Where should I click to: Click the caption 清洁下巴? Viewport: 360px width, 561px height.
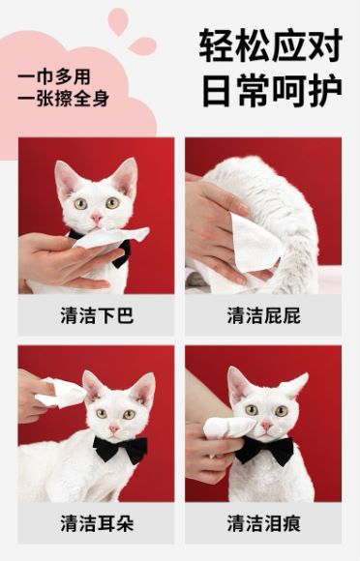point(97,315)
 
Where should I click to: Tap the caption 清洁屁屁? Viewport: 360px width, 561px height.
point(264,315)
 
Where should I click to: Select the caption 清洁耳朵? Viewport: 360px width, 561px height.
point(97,523)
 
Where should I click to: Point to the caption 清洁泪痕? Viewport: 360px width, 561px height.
point(264,523)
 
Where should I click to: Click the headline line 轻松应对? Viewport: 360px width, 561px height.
point(271,45)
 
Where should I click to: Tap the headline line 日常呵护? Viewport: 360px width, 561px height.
point(272,90)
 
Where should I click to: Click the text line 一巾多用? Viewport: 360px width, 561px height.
point(53,77)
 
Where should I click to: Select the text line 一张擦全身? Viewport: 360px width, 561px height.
point(63,99)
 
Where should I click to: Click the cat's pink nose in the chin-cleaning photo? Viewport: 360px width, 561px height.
point(97,218)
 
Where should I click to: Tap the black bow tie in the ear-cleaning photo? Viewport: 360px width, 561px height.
point(120,449)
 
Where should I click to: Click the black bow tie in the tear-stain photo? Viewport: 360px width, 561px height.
point(265,450)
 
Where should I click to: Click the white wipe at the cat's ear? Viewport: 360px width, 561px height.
point(62,393)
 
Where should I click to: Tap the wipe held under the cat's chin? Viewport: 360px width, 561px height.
point(111,237)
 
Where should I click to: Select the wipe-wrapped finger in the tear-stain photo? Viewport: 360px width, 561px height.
point(229,428)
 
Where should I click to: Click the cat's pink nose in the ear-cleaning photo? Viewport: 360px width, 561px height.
point(114,428)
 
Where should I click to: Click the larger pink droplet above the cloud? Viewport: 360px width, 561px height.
point(118,20)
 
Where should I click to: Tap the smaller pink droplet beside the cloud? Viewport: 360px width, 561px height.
point(142,45)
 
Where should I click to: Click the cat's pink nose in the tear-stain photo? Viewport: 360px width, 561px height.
point(266,425)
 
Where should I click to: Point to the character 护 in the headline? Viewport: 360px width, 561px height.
point(325,90)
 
